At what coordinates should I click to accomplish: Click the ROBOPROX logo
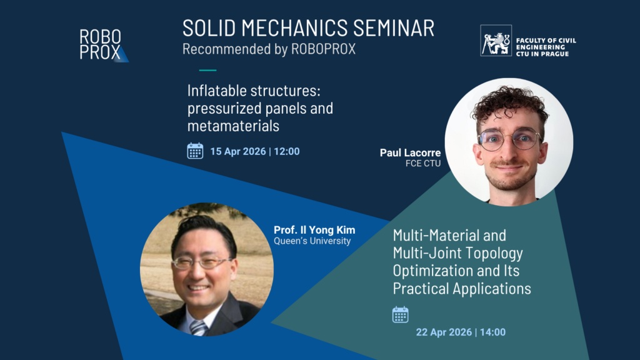point(104,45)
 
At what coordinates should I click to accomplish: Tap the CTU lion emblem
point(496,41)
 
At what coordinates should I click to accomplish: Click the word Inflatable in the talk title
point(217,91)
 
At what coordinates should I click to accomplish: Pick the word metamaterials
point(233,126)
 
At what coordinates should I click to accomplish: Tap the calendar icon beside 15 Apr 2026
point(195,151)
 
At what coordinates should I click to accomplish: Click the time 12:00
point(286,151)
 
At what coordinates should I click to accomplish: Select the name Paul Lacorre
point(410,152)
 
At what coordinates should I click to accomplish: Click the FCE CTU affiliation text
point(423,163)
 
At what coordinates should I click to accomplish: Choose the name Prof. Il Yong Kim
point(314,230)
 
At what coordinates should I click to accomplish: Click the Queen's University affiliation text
point(312,241)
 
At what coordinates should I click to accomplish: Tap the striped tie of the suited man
point(199,327)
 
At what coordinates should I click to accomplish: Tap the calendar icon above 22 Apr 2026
point(401,315)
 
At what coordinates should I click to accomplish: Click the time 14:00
point(492,332)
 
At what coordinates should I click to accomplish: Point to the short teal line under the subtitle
point(207,70)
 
